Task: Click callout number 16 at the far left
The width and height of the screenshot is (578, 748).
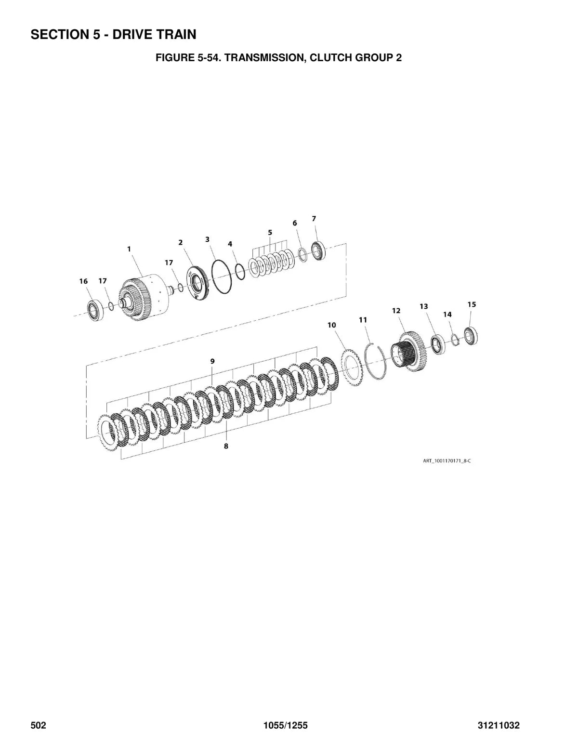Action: [x=84, y=281]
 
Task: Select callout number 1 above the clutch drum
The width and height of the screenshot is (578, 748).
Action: [x=129, y=249]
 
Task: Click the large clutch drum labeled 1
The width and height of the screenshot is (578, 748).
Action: [x=144, y=296]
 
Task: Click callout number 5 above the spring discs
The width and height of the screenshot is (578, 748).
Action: [x=270, y=233]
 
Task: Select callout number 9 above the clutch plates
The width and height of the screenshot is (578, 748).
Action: [x=212, y=361]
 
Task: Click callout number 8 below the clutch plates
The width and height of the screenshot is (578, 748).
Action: [x=226, y=446]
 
